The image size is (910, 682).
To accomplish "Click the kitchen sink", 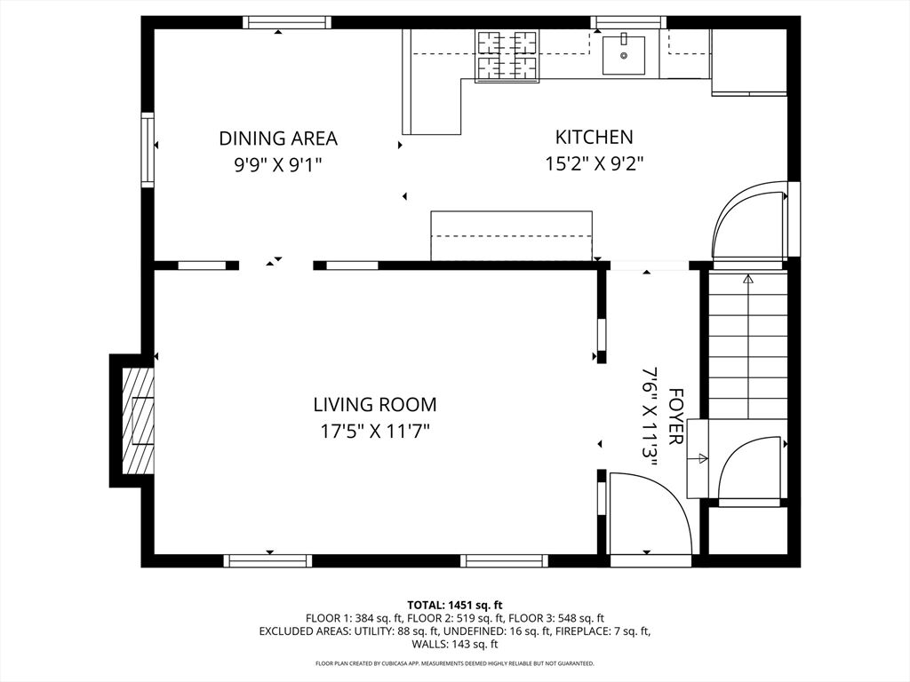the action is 623,55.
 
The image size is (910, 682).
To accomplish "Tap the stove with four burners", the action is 507,55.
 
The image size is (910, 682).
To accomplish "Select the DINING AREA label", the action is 278,139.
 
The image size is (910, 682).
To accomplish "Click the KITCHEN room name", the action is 595,138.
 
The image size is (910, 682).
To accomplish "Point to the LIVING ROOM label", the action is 375,404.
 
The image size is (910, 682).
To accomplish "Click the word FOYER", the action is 675,416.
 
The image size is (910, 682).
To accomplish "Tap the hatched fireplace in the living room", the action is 138,420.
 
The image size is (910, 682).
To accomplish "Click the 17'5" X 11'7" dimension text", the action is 375,432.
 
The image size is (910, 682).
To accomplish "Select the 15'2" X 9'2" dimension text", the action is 595,164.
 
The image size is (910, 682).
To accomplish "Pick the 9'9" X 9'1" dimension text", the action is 278,165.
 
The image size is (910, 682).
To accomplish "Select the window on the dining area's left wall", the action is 148,149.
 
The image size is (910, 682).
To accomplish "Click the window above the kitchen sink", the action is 628,22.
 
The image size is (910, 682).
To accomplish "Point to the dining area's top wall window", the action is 287,22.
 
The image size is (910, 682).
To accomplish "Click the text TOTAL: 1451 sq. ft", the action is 455,606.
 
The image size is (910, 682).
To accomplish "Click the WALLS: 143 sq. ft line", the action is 455,644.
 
